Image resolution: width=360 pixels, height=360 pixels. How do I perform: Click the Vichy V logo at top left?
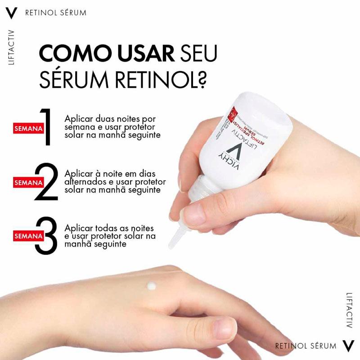[12, 13]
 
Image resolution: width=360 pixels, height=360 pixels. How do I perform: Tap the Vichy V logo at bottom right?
[348, 346]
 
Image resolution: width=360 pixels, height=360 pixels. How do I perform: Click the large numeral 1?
[46, 127]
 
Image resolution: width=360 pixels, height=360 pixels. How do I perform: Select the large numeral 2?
[46, 182]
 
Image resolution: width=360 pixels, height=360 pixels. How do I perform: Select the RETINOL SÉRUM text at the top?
[55, 13]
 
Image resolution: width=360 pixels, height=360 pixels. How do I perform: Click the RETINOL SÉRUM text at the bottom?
[306, 346]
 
